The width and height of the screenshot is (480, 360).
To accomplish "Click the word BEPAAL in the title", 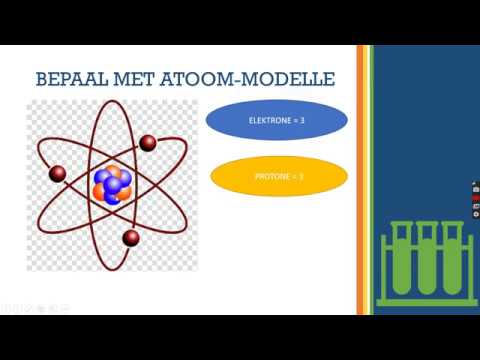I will [x=68, y=76].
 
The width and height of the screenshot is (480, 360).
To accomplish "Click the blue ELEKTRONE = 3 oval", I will [x=277, y=120].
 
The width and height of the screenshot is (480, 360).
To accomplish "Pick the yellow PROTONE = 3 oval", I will [x=280, y=177].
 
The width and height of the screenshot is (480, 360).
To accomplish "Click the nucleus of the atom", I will [x=112, y=183].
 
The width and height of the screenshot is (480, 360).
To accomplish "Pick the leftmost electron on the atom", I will [x=58, y=176].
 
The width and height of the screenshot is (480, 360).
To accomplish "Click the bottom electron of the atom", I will [x=130, y=237].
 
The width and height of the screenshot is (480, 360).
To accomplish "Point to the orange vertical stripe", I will [x=361, y=180].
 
